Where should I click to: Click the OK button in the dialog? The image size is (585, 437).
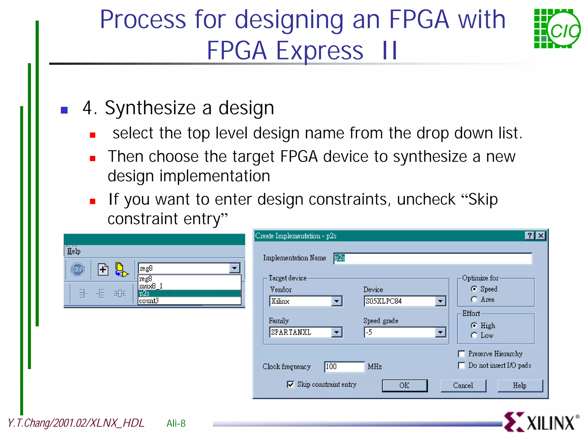click(x=404, y=386)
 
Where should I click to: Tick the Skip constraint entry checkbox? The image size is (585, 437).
click(x=291, y=384)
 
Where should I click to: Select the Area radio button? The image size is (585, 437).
click(x=474, y=299)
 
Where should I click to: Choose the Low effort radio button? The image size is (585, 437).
click(x=474, y=335)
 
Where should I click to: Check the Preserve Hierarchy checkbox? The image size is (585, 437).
click(x=462, y=354)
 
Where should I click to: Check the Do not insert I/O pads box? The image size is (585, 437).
click(x=462, y=366)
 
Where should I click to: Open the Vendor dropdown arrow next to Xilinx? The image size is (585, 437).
click(x=337, y=301)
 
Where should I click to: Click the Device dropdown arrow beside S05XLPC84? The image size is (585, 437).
click(x=440, y=301)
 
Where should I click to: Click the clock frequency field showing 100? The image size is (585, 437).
click(x=344, y=367)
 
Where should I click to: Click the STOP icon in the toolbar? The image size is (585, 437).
click(x=78, y=269)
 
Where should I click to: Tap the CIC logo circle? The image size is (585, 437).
click(x=564, y=31)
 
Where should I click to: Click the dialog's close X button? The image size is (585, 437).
click(x=541, y=236)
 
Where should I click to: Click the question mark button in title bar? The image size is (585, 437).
click(x=530, y=236)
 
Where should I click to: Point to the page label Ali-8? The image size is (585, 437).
click(x=176, y=423)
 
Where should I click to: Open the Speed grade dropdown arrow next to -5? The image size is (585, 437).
click(x=440, y=332)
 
